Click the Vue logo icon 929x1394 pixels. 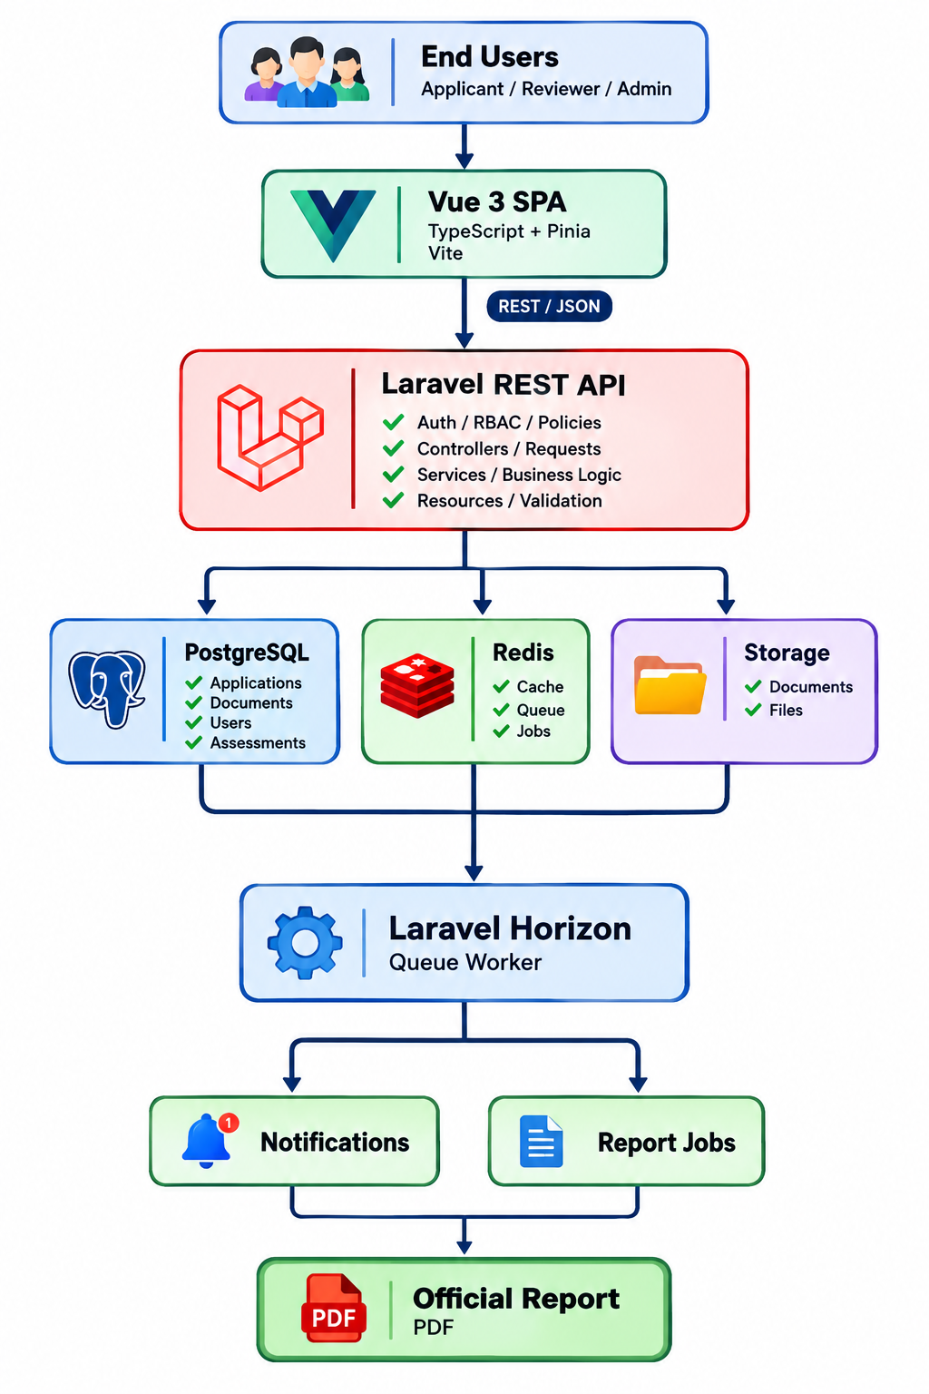click(x=333, y=225)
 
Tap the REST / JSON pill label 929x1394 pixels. click(x=549, y=306)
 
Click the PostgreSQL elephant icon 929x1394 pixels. click(x=107, y=689)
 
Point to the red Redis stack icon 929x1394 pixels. click(x=417, y=685)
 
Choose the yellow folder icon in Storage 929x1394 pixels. click(x=670, y=685)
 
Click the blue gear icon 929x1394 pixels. click(x=305, y=942)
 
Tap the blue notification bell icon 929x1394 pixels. click(x=206, y=1142)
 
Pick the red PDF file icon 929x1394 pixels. click(x=334, y=1308)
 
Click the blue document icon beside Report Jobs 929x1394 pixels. click(x=541, y=1142)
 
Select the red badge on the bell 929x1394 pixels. click(x=229, y=1122)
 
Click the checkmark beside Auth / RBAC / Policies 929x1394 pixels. click(x=393, y=423)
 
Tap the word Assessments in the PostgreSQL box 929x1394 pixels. click(x=258, y=742)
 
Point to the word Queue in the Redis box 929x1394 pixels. click(x=541, y=710)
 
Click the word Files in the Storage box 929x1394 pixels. click(x=786, y=710)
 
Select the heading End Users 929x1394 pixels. click(x=490, y=56)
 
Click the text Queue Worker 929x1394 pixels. click(x=465, y=962)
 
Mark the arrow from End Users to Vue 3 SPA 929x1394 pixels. click(x=464, y=145)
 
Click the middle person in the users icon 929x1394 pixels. click(x=306, y=73)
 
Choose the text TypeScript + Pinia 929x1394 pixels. click(x=509, y=231)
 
